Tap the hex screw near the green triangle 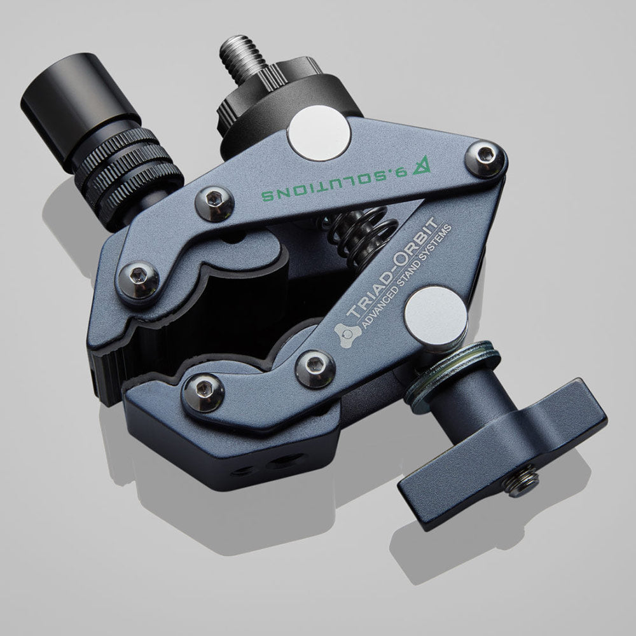[487, 158]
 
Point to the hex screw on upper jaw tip [137, 275]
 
